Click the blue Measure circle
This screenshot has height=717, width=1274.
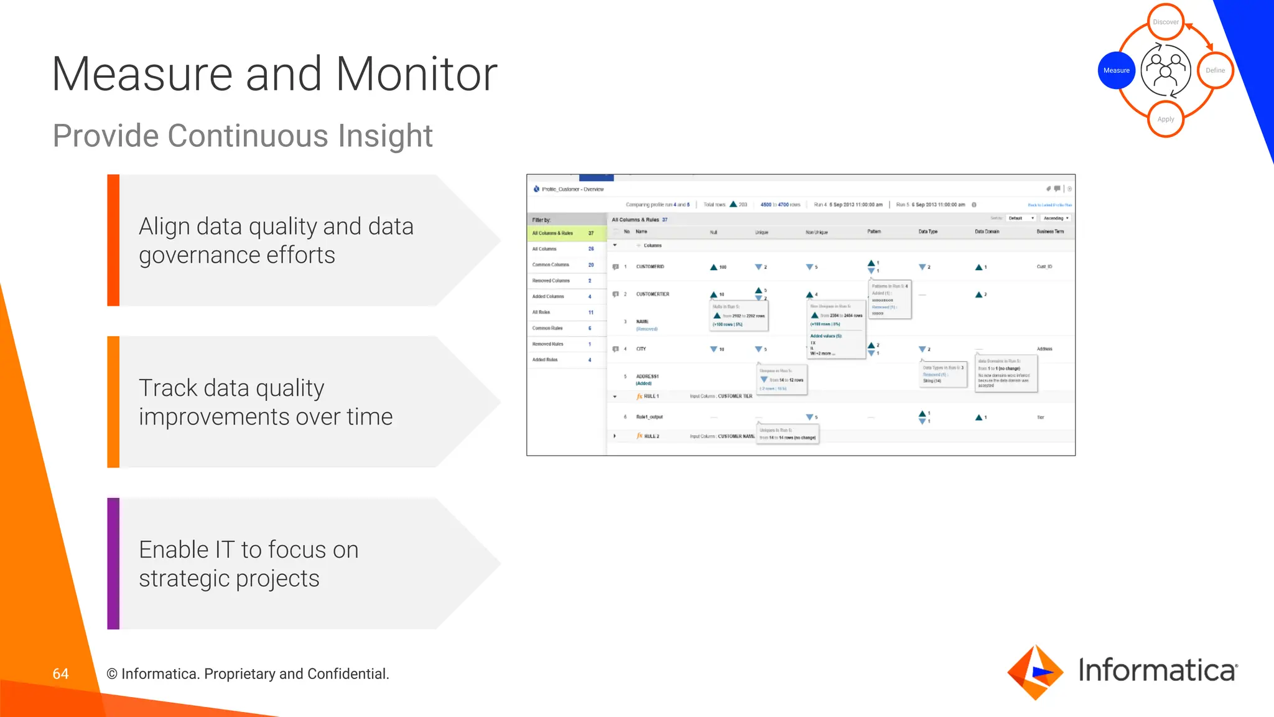click(x=1116, y=70)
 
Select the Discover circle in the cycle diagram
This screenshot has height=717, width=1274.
click(x=1165, y=22)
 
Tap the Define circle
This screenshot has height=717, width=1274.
click(x=1215, y=70)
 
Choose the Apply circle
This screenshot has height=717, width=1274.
click(x=1165, y=119)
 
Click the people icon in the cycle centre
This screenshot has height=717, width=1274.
click(x=1166, y=70)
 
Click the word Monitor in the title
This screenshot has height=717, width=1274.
click(x=416, y=74)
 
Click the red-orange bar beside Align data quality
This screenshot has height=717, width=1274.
click(x=113, y=240)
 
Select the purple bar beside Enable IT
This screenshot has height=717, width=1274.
click(x=113, y=563)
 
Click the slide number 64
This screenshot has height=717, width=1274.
click(x=60, y=673)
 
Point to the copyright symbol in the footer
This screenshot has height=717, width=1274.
click(x=112, y=674)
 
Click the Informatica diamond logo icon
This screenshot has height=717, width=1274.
click(x=1035, y=672)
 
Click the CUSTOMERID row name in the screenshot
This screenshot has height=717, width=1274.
click(x=650, y=266)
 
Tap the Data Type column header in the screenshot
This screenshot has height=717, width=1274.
click(x=928, y=232)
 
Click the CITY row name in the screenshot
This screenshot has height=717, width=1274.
click(x=641, y=349)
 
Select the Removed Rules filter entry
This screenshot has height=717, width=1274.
click(x=548, y=344)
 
